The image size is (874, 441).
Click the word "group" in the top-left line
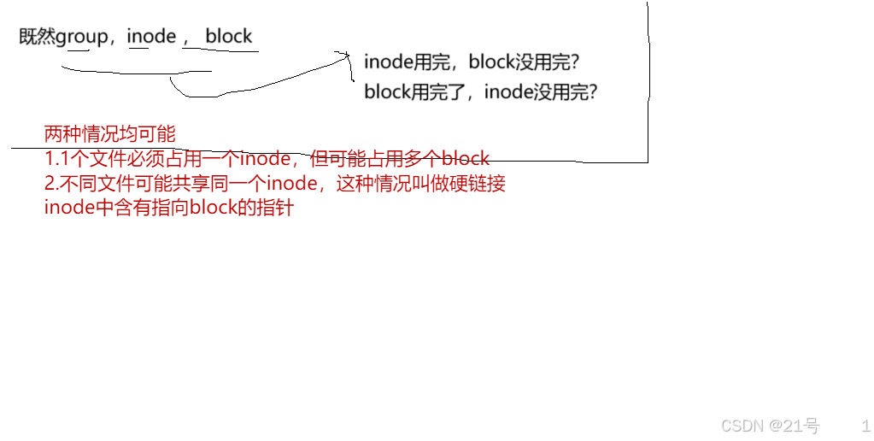[x=82, y=37]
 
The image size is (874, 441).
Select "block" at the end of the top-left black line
[x=229, y=36]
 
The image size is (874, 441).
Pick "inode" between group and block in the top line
[x=151, y=37]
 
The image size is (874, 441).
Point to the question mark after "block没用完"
[x=577, y=62]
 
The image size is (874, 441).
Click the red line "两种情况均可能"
[x=109, y=134]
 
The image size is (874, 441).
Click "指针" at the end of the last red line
[x=275, y=209]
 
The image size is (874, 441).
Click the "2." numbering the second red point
[x=50, y=184]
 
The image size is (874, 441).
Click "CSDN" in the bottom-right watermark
[x=741, y=426]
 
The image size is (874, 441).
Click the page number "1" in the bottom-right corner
[x=865, y=425]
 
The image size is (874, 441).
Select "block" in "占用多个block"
[x=465, y=159]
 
